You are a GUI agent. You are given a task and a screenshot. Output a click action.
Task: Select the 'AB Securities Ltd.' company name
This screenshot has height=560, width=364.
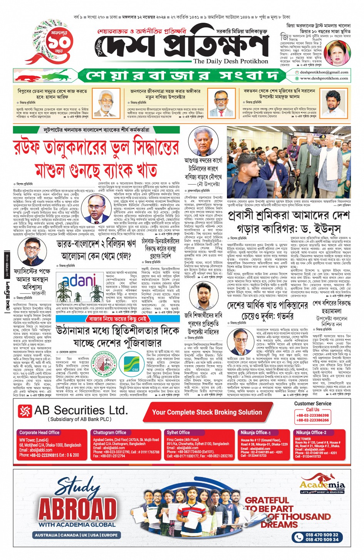81,410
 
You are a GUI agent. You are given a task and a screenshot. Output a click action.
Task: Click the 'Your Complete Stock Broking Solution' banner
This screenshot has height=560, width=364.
207,412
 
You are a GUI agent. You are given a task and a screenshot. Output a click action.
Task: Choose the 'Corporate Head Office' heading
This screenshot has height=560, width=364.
39,432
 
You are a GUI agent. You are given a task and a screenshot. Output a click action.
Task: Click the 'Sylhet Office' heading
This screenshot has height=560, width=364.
178,432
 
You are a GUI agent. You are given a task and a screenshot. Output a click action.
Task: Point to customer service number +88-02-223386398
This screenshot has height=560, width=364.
313,415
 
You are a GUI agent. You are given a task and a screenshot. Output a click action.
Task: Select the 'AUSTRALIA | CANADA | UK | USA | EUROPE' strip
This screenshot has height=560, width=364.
76,535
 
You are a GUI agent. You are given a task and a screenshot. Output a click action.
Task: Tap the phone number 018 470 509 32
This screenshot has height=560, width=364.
322,535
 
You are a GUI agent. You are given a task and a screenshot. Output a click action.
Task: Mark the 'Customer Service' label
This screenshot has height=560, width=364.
312,403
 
